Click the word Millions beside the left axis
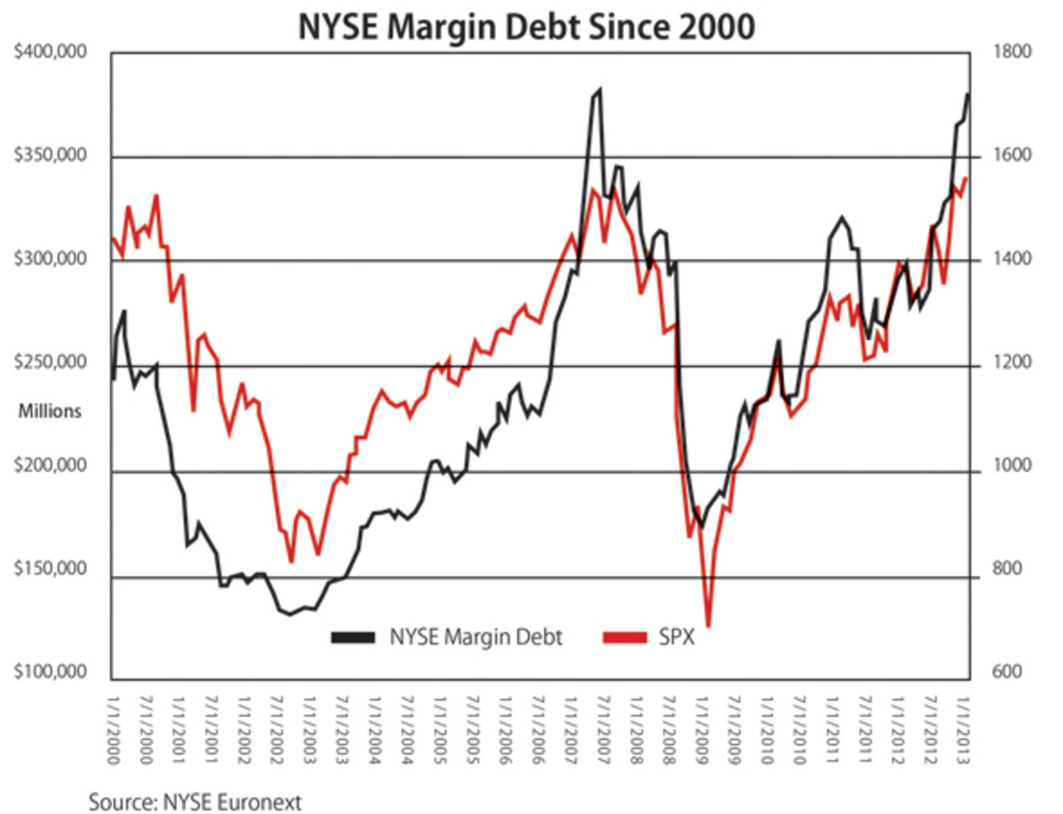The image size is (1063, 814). pyautogui.click(x=50, y=411)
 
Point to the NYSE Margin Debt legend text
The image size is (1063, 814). pyautogui.click(x=476, y=637)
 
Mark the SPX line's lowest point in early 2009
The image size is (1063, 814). pyautogui.click(x=709, y=625)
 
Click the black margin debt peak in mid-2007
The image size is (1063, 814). pyautogui.click(x=600, y=89)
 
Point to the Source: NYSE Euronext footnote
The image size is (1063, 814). pyautogui.click(x=195, y=801)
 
